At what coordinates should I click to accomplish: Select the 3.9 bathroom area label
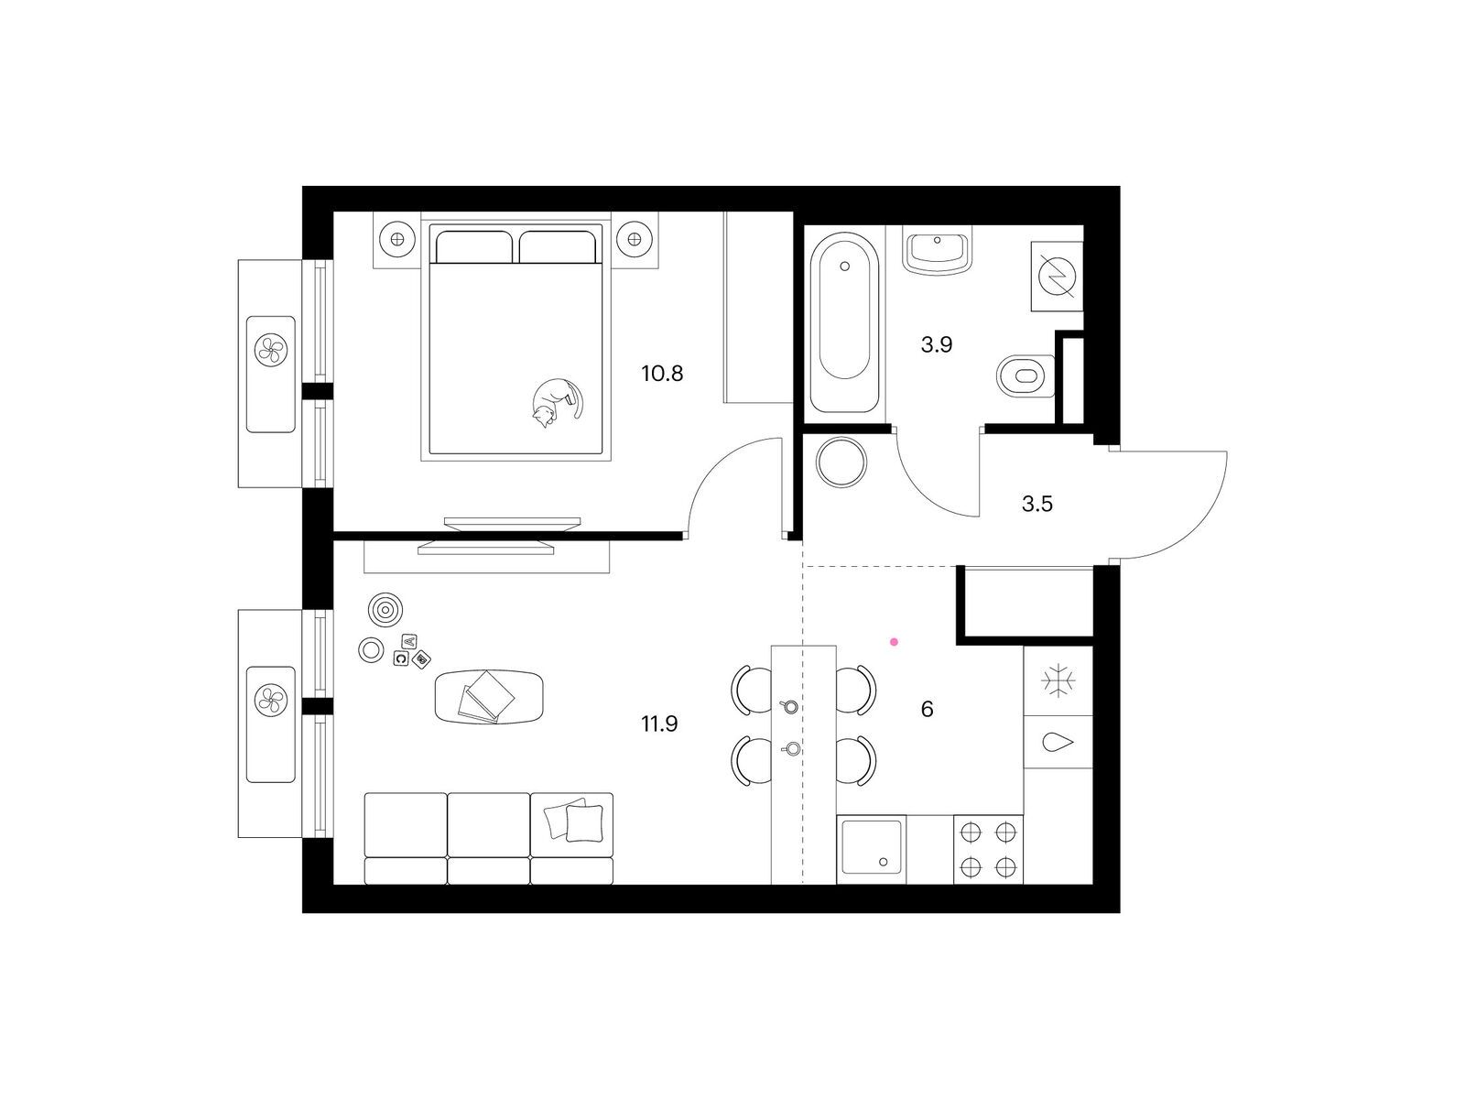tap(936, 344)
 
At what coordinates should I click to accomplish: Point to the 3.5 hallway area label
tap(1036, 504)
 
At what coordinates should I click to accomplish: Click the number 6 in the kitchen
tap(927, 709)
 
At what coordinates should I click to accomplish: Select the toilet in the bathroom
tap(1025, 375)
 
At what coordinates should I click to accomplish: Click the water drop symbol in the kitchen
tap(1058, 741)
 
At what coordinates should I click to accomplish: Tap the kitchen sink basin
tap(871, 847)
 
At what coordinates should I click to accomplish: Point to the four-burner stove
tap(988, 850)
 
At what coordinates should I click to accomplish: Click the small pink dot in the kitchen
tap(894, 642)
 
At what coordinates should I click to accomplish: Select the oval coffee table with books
tap(489, 697)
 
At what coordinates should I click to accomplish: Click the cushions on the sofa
tap(573, 820)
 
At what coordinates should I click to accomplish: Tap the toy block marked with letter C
tap(401, 658)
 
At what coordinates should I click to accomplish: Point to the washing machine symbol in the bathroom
tap(1058, 277)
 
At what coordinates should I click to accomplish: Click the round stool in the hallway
tap(841, 462)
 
